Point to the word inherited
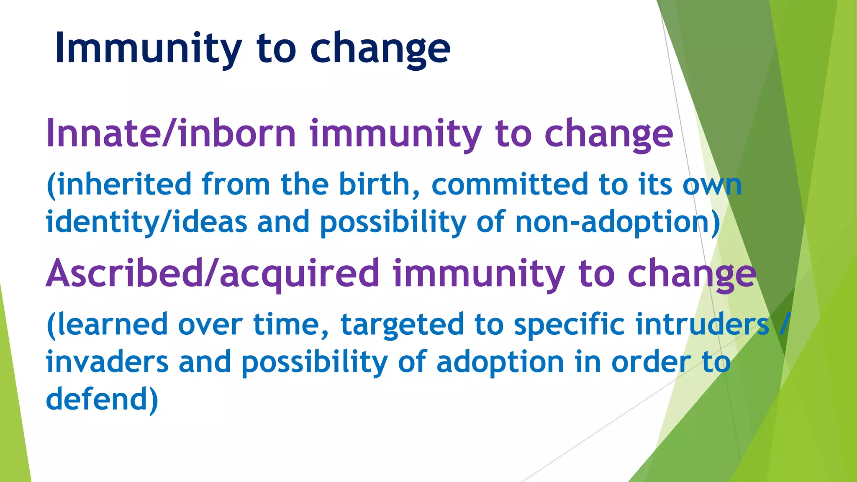(124, 185)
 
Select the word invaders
(107, 362)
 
